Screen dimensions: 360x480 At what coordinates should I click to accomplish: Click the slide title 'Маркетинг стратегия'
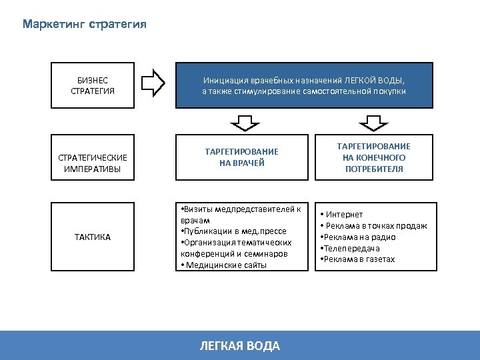(x=84, y=25)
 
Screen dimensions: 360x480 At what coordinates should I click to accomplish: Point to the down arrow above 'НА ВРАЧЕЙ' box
(x=241, y=122)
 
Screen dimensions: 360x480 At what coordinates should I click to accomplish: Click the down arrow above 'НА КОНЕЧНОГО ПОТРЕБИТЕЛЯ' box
(x=373, y=122)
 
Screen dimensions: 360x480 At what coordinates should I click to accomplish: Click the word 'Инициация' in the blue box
(x=223, y=80)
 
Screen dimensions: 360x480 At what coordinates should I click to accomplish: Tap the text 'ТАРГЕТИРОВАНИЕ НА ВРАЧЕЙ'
(x=241, y=157)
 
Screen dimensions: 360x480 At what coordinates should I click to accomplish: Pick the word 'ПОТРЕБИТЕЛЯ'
(x=374, y=169)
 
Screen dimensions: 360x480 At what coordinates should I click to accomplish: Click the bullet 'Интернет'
(x=344, y=215)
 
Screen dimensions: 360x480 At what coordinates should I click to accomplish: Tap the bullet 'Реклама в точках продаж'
(x=375, y=226)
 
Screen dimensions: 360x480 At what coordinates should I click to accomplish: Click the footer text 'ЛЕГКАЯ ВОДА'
(x=240, y=345)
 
